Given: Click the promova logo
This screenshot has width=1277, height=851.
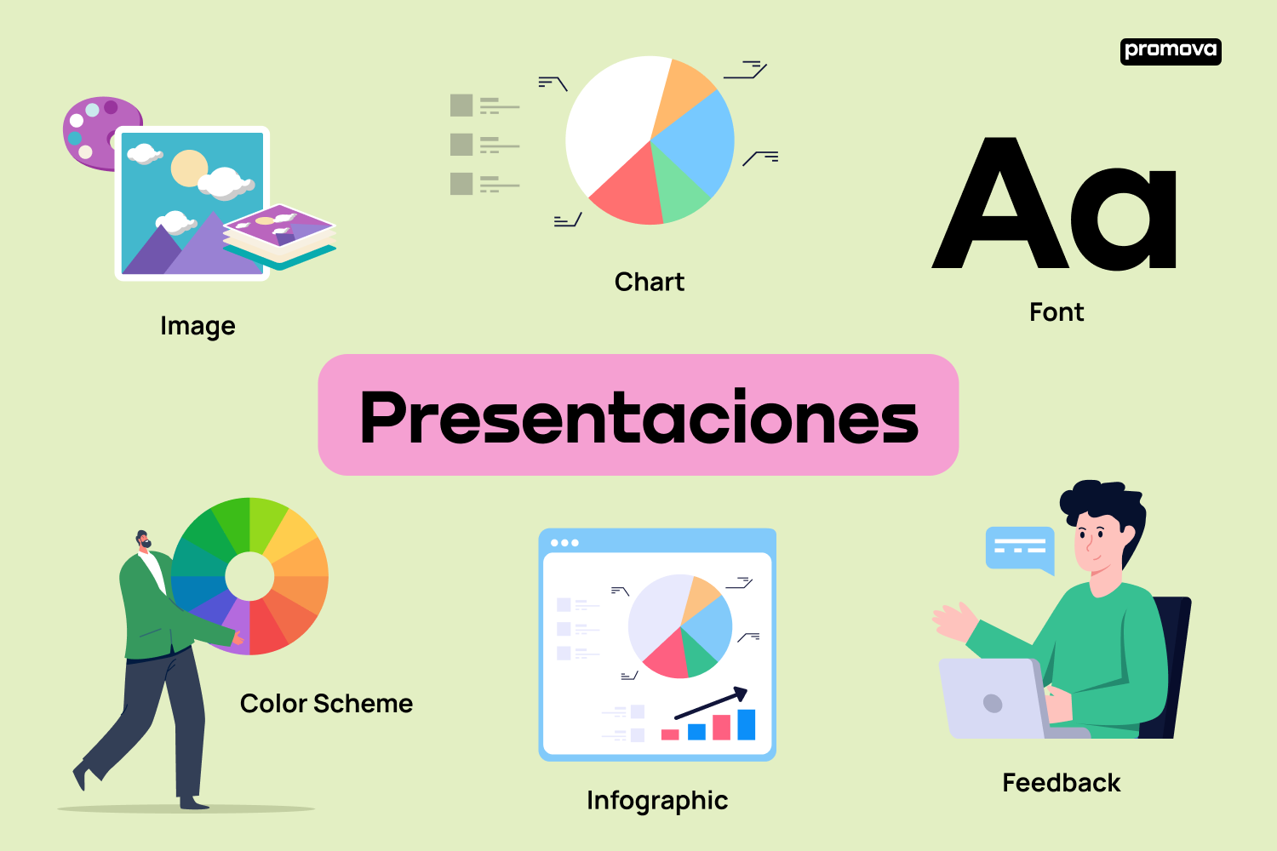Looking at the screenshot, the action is (1171, 51).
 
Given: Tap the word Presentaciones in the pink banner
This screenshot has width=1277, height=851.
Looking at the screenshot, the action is (638, 417).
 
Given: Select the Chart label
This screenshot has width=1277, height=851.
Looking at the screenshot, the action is (650, 282).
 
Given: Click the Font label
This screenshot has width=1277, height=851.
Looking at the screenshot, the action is (1057, 311).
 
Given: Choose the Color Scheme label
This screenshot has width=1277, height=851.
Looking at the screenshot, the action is (326, 704).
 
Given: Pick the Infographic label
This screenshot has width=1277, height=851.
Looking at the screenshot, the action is (657, 801).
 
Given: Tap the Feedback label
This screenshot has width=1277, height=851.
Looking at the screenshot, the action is (1062, 783).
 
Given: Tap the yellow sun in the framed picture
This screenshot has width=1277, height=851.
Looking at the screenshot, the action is (189, 168).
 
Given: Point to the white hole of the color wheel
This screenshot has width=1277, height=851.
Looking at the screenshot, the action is (249, 576).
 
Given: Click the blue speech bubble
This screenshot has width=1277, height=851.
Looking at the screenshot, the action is (1020, 549).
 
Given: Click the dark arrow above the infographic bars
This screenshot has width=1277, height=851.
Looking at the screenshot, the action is (711, 702).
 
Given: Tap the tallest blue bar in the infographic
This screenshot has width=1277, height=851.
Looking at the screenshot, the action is (747, 724).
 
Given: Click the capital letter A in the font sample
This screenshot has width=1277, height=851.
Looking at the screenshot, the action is (1000, 203).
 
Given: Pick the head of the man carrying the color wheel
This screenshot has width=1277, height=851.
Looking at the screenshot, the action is (143, 540).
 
